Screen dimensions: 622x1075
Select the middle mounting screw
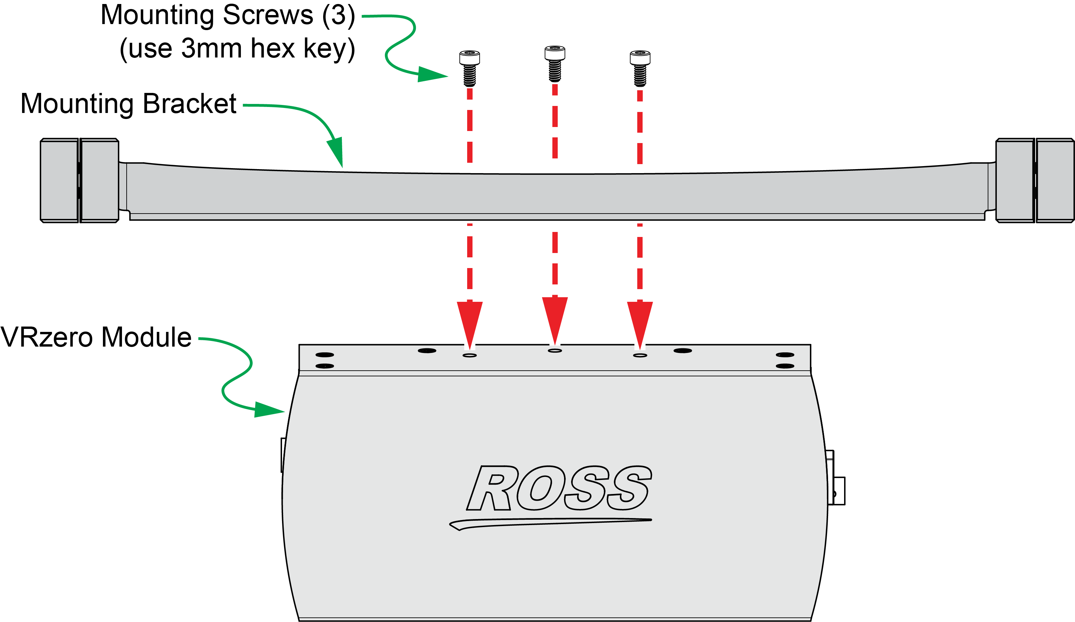tap(555, 64)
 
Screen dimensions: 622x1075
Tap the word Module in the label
tap(147, 338)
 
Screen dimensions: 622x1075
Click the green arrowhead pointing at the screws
tap(431, 74)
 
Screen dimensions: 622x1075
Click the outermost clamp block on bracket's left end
tap(59, 180)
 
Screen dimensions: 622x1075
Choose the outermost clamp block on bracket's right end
tap(1055, 180)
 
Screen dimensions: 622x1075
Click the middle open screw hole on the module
tap(555, 350)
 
